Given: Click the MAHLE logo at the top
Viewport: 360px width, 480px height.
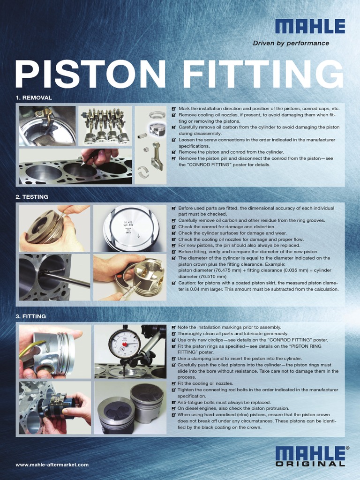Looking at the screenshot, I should coord(310,26).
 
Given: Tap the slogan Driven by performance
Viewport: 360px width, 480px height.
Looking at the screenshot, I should coord(291,43).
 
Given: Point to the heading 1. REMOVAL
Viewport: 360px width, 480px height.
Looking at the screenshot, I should coord(34,97).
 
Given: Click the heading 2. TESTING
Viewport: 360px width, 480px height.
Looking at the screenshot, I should coord(32,197).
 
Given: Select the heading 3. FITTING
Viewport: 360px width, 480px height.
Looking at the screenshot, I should coord(31,316).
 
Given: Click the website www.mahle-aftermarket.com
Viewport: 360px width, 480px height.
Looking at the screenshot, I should coord(52,465).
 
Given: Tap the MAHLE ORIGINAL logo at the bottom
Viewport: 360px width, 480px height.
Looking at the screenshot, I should coord(310,456).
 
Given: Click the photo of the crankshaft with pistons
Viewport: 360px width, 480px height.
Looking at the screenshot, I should coord(105,126).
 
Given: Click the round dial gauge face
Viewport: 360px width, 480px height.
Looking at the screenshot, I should coord(124,344).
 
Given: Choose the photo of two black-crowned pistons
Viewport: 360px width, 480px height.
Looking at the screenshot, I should coord(130,407).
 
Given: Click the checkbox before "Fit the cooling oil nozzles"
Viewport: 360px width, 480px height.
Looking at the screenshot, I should coord(174,384).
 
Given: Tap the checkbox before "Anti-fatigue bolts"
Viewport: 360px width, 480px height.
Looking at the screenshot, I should coord(174,403).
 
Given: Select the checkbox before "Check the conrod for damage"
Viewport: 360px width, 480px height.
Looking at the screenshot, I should coord(174,227).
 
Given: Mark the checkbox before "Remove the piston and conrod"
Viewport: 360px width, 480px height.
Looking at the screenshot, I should coord(174,152).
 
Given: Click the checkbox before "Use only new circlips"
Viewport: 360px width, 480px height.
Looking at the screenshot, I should coord(174,340).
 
